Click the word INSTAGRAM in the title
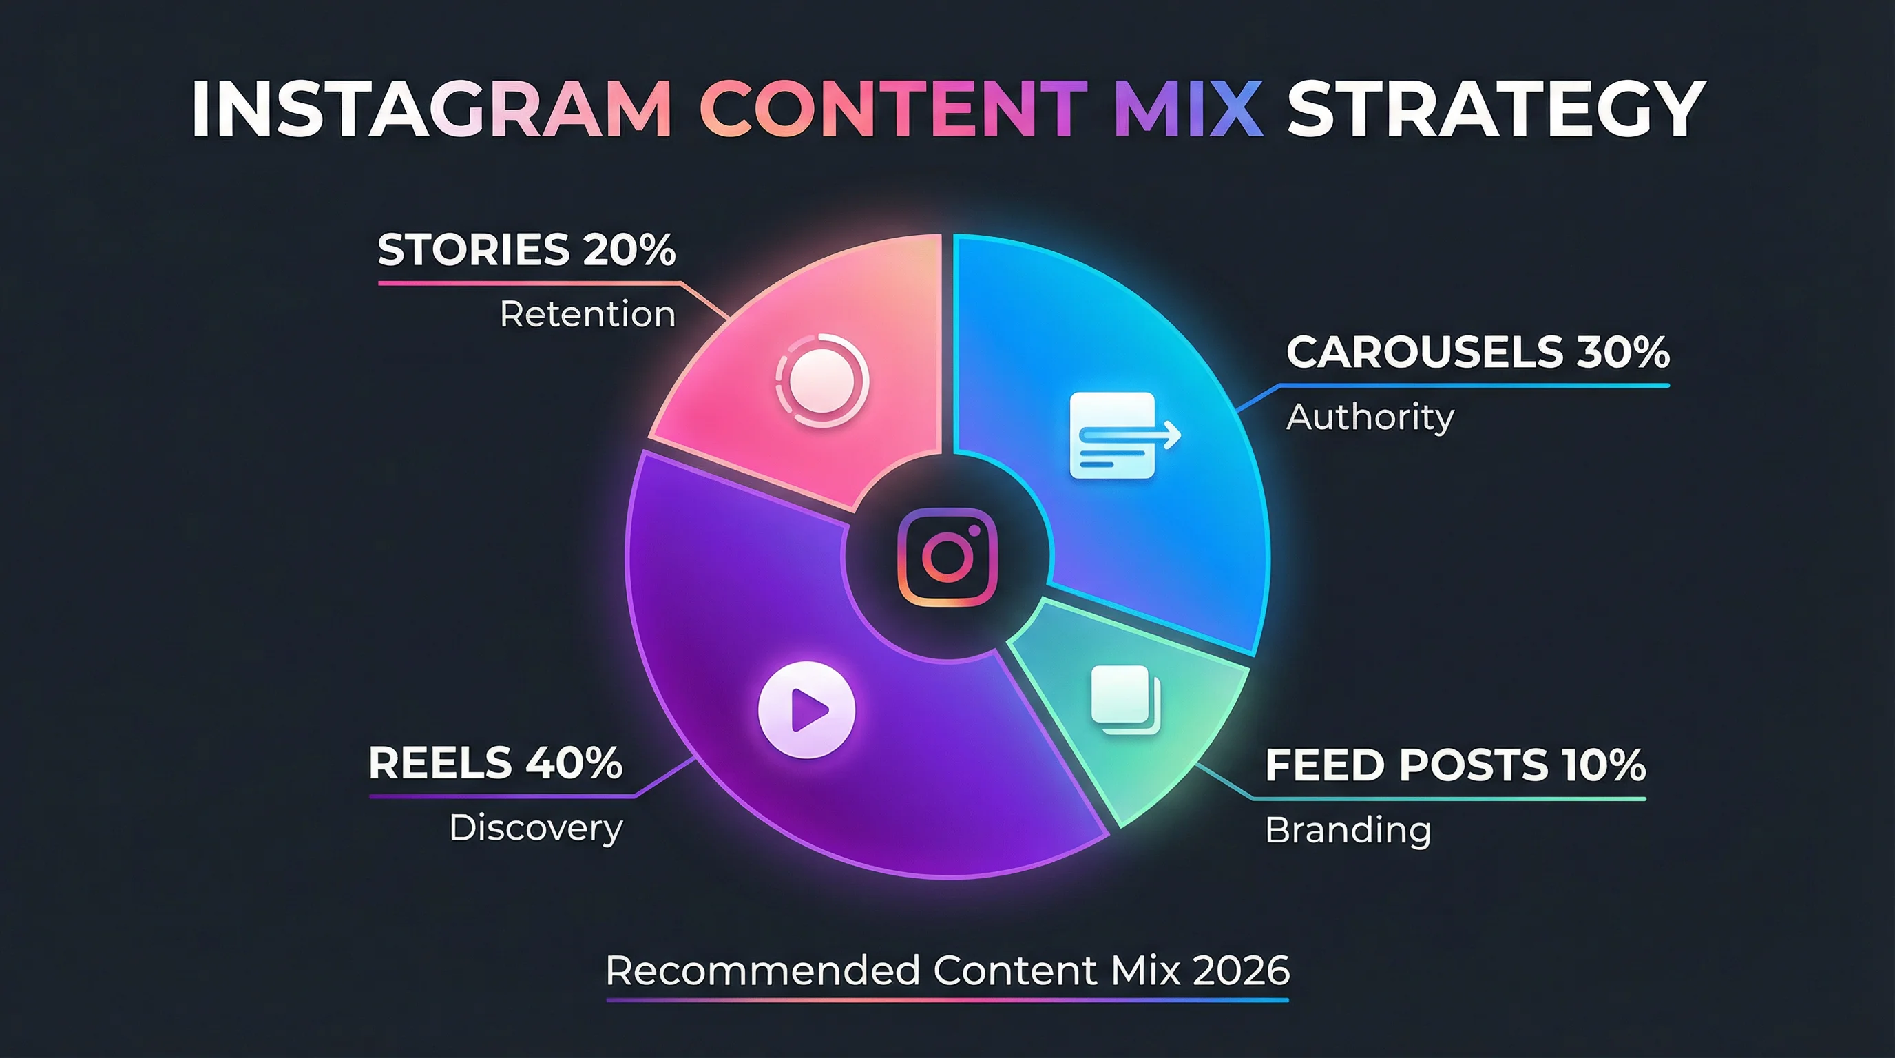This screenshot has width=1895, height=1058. point(431,109)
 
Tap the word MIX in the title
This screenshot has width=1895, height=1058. point(1188,109)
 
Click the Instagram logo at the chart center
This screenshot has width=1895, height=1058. point(947,557)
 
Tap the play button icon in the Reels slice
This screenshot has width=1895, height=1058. point(807,710)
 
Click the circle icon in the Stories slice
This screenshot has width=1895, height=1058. point(821,380)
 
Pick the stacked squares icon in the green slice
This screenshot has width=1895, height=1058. point(1124,699)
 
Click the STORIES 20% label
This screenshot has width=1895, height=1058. point(526,249)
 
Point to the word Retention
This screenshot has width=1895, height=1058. point(587,314)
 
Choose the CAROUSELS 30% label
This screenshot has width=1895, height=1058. point(1477,352)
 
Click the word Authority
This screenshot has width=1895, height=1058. point(1370,417)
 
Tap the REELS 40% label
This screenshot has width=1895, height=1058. point(495,763)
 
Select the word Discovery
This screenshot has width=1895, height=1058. point(536,828)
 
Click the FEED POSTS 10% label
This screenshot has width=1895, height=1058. point(1454,765)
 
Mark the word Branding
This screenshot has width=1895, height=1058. point(1348,830)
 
